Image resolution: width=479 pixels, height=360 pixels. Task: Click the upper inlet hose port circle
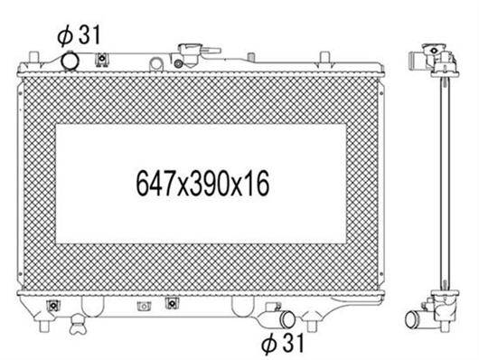(70, 62)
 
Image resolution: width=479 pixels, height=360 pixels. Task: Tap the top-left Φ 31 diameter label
(79, 35)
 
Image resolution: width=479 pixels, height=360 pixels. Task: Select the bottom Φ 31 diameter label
(283, 343)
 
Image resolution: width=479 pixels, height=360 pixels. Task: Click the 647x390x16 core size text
(202, 184)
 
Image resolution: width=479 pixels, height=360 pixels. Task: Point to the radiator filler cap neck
(191, 53)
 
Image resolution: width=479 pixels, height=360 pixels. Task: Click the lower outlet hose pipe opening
(287, 318)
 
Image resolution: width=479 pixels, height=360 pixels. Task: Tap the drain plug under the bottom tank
(78, 325)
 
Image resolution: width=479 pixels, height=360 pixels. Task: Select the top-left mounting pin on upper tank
(33, 57)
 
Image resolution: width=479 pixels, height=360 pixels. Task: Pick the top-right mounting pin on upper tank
(324, 57)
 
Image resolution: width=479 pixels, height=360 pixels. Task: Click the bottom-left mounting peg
(44, 326)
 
